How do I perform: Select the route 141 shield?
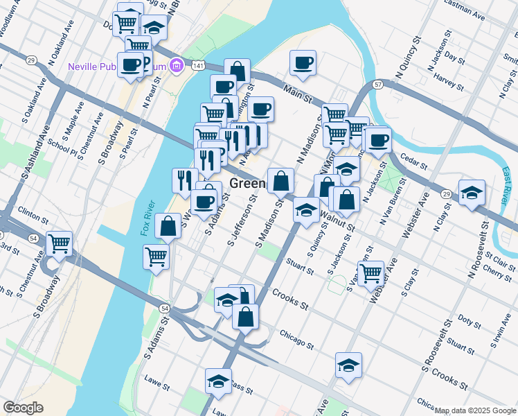199,64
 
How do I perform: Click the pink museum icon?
177,66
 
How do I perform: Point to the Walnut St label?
338,220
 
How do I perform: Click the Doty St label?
469,322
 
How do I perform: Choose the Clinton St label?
33,209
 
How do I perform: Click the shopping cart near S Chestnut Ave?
60,244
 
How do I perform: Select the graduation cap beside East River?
472,193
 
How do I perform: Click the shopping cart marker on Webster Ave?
371,272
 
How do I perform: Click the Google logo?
23,408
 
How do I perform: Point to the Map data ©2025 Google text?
476,410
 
